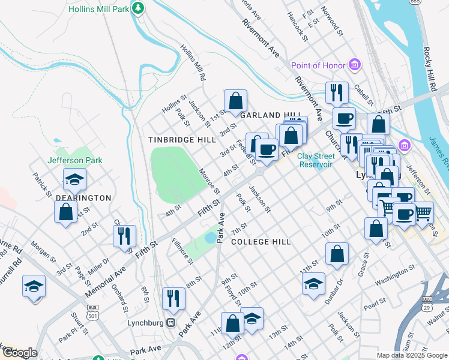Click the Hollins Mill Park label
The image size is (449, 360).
(x=98, y=10)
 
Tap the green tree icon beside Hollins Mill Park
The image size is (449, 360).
(x=139, y=8)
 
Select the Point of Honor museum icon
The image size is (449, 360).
(x=355, y=64)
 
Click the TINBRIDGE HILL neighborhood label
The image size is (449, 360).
(x=182, y=139)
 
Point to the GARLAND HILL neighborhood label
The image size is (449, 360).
(x=270, y=115)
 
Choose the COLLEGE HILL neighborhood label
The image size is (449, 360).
(x=261, y=242)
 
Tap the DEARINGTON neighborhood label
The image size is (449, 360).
(x=83, y=197)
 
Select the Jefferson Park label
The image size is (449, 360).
(x=75, y=160)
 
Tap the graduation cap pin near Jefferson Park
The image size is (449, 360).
(x=74, y=179)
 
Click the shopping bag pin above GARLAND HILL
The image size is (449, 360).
(x=236, y=100)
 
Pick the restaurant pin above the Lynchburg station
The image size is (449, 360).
(x=173, y=298)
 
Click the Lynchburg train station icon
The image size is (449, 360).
(x=171, y=322)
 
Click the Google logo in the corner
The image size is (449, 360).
(x=19, y=353)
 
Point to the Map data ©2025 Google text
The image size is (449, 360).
(x=411, y=355)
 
